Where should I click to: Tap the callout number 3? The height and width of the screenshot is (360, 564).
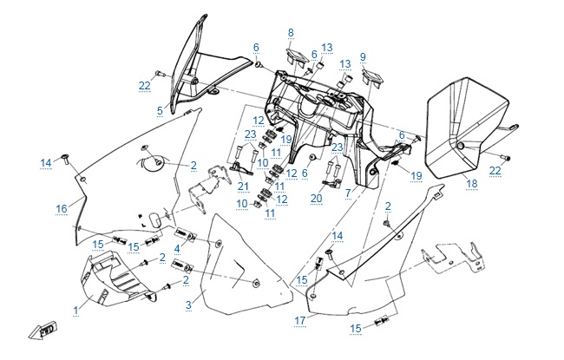pos(187,304)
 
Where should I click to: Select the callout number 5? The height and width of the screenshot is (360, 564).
pos(160,110)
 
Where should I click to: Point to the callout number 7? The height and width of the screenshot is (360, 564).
pos(347,192)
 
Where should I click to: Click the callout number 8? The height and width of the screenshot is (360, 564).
pos(292,33)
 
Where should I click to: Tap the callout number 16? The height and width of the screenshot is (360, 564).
pos(62,208)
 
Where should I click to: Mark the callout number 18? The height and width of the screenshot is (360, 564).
pos(472,183)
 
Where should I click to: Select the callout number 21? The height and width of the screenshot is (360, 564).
pos(243,187)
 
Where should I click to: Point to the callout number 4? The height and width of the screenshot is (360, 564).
pos(177,249)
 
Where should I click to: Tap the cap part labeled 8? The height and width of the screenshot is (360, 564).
pos(293,58)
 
